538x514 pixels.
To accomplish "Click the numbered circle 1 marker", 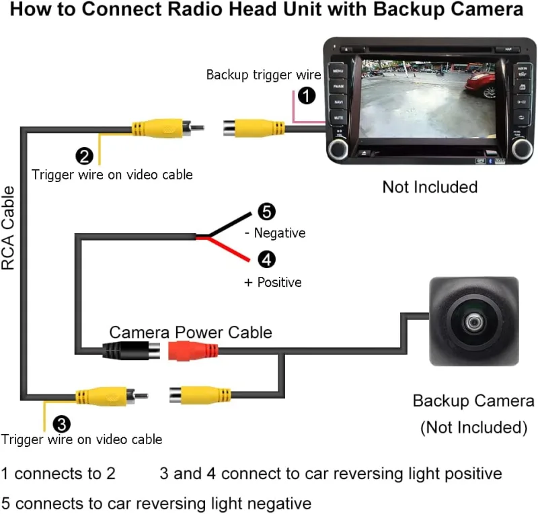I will pyautogui.click(x=307, y=96).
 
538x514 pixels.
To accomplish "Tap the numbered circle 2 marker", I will pyautogui.click(x=85, y=157).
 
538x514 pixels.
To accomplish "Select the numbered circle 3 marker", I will pyautogui.click(x=61, y=423).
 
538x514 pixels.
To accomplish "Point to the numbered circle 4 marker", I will pyautogui.click(x=266, y=259).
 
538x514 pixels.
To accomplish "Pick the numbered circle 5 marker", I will pyautogui.click(x=266, y=212).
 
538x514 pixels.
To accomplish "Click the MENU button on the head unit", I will pyautogui.click(x=338, y=70).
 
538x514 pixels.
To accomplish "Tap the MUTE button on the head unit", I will pyautogui.click(x=338, y=118).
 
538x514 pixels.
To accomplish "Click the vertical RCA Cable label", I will pyautogui.click(x=9, y=229).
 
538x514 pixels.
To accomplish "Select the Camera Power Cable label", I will pyautogui.click(x=190, y=332).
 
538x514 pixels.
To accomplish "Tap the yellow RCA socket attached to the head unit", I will pyautogui.click(x=256, y=128).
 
